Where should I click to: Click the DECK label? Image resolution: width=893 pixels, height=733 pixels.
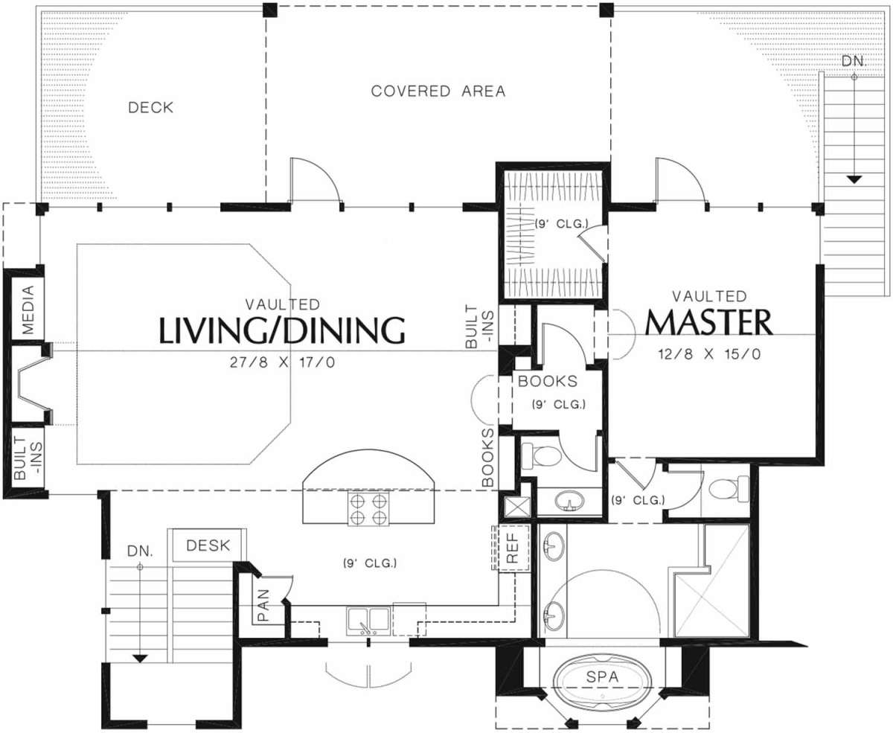tap(151, 108)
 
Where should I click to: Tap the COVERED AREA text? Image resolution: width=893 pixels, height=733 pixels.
tap(438, 91)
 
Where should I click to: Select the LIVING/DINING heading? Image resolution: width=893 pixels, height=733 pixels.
tap(282, 330)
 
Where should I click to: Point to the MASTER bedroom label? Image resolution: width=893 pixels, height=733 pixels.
tap(708, 323)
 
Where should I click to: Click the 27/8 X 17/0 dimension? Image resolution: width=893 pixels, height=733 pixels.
tap(282, 362)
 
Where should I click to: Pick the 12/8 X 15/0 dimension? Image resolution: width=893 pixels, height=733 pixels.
tap(709, 353)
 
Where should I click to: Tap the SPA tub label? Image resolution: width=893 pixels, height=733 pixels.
tap(602, 676)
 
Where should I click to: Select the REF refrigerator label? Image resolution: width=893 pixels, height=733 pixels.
tap(512, 548)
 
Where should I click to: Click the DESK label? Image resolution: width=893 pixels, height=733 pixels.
tap(208, 545)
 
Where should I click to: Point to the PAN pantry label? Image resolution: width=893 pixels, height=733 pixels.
tap(263, 605)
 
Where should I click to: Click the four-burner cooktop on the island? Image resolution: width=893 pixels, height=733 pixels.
tap(368, 508)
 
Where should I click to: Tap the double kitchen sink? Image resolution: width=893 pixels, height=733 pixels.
tap(368, 621)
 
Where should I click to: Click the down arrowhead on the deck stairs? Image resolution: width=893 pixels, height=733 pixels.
tap(854, 179)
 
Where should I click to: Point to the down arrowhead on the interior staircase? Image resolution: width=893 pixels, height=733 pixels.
tap(140, 659)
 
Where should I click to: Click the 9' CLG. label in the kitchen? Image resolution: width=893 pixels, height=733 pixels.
tap(370, 563)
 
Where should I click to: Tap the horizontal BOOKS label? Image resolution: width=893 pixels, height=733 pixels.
tap(548, 381)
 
